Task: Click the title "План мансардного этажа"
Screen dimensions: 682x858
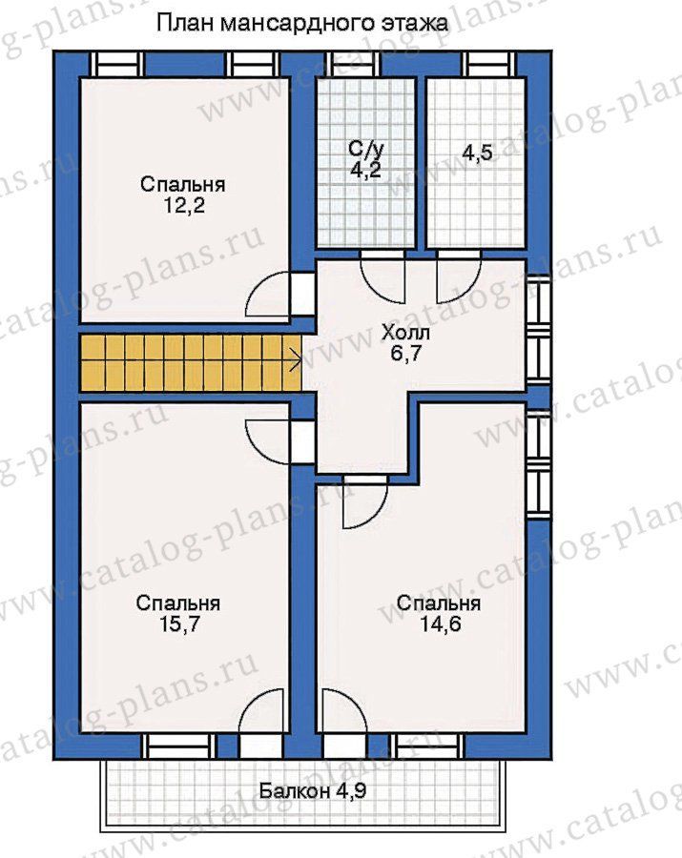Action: click(301, 24)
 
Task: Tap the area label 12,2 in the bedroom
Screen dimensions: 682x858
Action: click(183, 206)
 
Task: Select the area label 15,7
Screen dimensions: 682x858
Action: click(178, 624)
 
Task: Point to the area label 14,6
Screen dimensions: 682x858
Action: click(440, 623)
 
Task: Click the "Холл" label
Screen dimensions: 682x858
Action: click(405, 333)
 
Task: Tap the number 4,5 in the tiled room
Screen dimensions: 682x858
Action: click(477, 153)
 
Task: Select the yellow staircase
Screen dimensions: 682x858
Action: click(191, 363)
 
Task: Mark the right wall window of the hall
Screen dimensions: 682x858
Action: click(539, 327)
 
